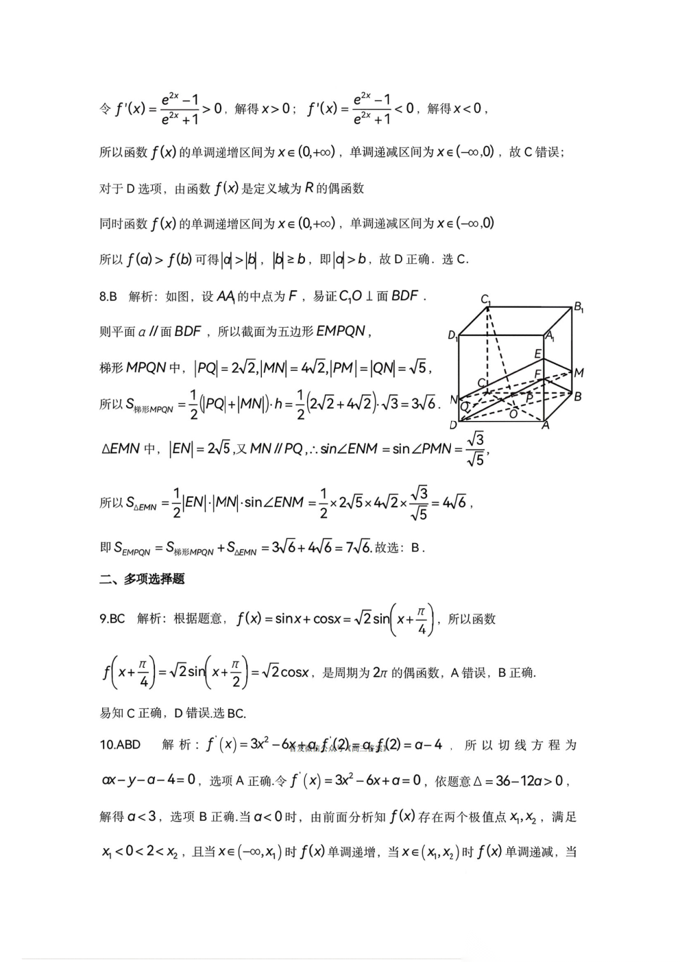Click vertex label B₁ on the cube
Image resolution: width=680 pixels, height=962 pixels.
[579, 307]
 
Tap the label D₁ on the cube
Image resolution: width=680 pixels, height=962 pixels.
[452, 335]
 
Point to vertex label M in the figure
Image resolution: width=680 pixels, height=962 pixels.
[579, 373]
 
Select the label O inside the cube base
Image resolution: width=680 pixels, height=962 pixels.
[513, 413]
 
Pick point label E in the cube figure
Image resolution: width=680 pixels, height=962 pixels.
[538, 354]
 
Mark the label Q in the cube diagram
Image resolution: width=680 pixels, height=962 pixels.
[464, 407]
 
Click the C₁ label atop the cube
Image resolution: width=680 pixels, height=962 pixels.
[485, 299]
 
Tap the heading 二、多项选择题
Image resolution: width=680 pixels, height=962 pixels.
[142, 579]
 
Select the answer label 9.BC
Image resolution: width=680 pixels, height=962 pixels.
[112, 618]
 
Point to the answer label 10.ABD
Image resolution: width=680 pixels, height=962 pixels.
[120, 745]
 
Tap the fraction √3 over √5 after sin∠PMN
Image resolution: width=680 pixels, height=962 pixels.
[475, 449]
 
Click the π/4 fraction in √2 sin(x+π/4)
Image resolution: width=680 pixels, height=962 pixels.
[422, 619]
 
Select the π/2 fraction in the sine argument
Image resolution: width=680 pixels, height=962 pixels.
[235, 673]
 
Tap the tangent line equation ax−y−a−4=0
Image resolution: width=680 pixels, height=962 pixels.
[149, 780]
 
